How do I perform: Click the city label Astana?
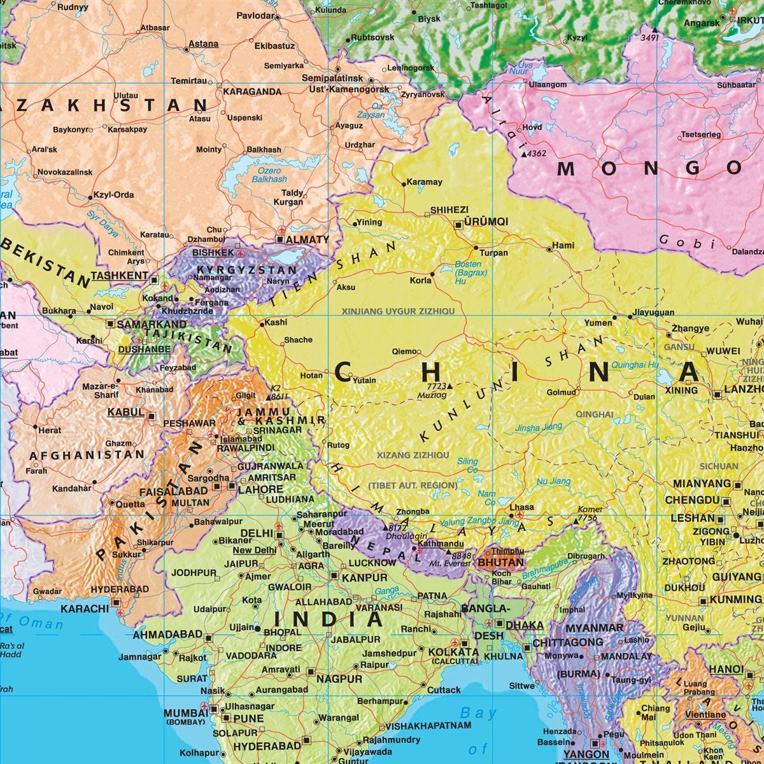point(204,44)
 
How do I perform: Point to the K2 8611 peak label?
point(279,392)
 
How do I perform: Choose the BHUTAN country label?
point(500,563)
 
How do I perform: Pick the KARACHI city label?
point(85,609)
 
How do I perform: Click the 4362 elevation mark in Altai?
point(537,153)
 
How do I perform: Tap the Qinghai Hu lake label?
point(635,365)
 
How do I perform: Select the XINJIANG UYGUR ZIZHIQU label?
point(399,311)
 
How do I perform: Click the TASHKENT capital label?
point(118,276)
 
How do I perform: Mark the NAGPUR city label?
point(339,679)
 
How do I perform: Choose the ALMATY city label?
point(308,240)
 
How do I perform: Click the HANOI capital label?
point(726,669)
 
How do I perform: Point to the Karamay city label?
point(424,182)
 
